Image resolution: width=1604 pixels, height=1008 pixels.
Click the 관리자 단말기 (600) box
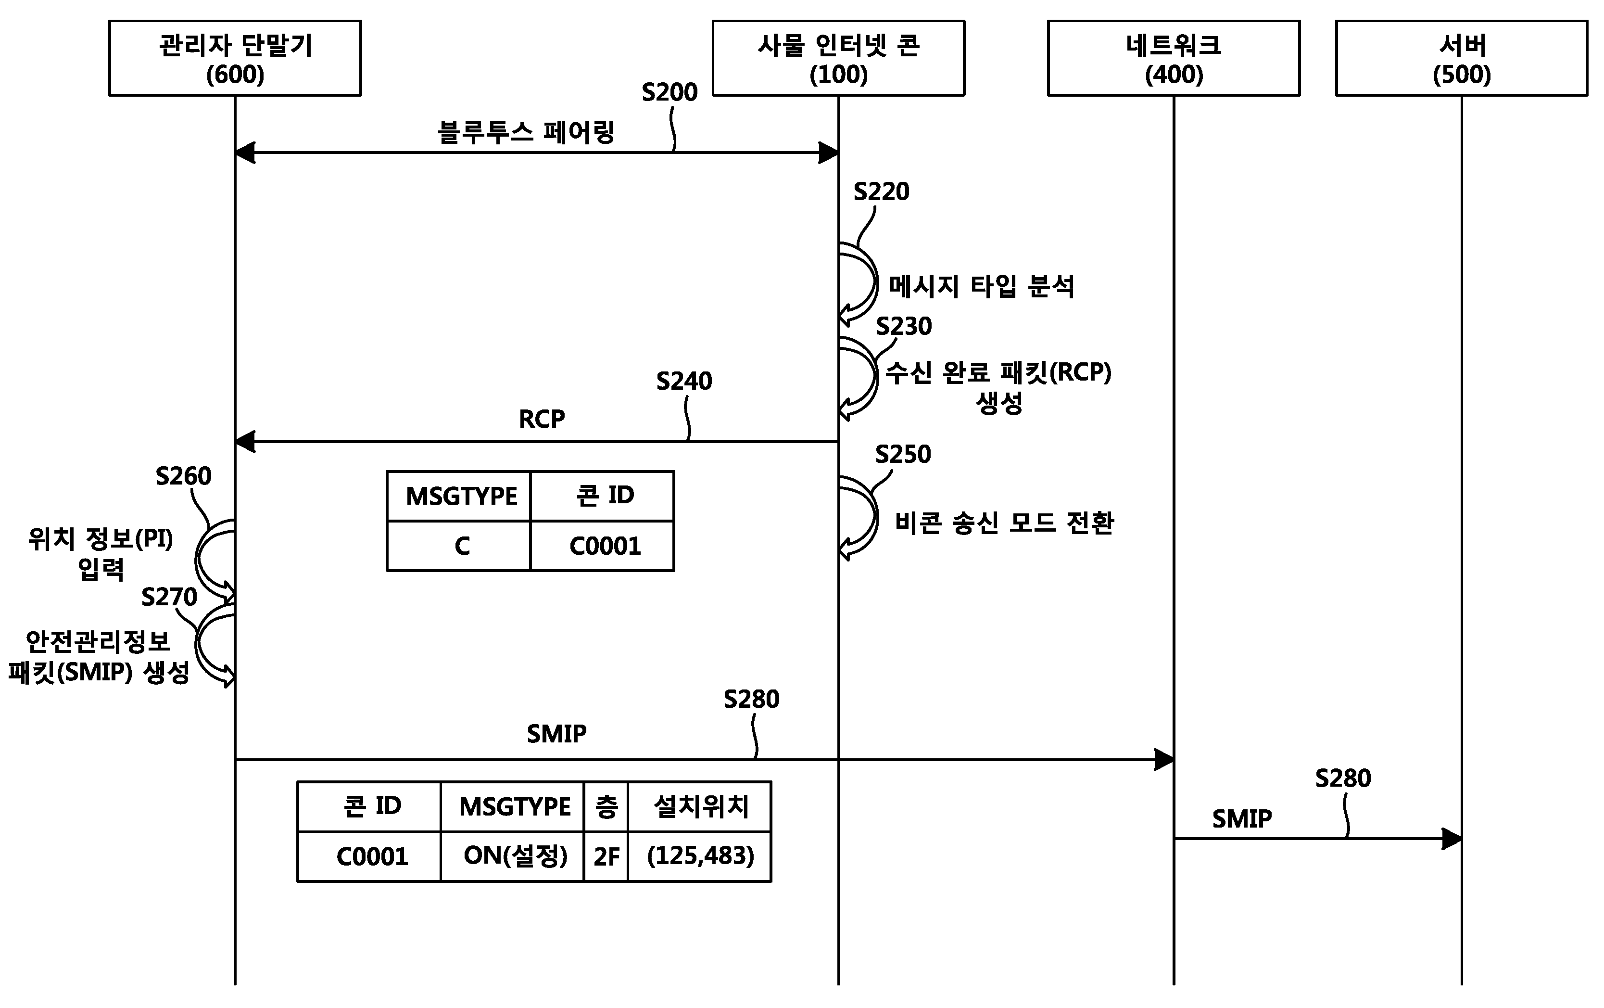pyautogui.click(x=235, y=58)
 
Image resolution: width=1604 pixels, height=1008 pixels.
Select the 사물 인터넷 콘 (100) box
pyautogui.click(x=839, y=58)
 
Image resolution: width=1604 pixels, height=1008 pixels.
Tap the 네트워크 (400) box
pyautogui.click(x=1174, y=58)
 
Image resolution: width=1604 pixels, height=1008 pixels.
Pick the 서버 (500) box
pyautogui.click(x=1462, y=58)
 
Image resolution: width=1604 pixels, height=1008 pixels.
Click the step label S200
pyautogui.click(x=669, y=92)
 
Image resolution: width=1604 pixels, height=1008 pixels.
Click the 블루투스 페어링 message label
pyautogui.click(x=526, y=132)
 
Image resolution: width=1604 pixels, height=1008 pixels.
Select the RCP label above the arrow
pyautogui.click(x=542, y=419)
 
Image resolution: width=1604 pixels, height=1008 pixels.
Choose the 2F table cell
pyautogui.click(x=606, y=856)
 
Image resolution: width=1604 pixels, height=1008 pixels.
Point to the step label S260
pyautogui.click(x=183, y=476)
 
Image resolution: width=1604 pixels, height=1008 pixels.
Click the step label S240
pyautogui.click(x=684, y=381)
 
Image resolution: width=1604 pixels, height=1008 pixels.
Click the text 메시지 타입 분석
pyautogui.click(x=982, y=286)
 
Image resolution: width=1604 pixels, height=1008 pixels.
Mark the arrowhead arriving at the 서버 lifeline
pyautogui.click(x=1452, y=839)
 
